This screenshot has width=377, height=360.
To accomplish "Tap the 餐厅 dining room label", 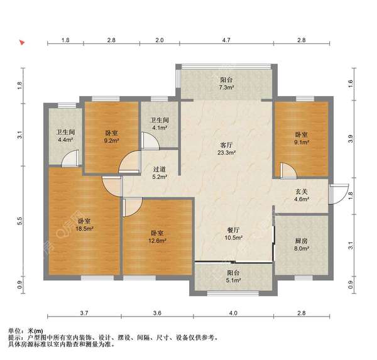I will click(x=233, y=230).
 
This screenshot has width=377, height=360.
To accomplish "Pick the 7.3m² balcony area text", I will click(x=226, y=89).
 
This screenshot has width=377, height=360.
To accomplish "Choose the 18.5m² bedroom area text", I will click(x=85, y=229).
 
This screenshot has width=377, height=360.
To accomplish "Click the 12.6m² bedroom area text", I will click(x=157, y=240).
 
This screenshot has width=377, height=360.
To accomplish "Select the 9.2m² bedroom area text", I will click(x=111, y=141).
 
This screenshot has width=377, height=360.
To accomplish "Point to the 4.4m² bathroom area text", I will click(x=65, y=141).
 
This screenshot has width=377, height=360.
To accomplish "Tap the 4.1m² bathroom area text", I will click(x=158, y=128).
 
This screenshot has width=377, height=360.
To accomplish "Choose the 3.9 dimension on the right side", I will click(x=351, y=138).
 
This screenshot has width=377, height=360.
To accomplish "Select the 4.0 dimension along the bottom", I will click(x=232, y=313).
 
